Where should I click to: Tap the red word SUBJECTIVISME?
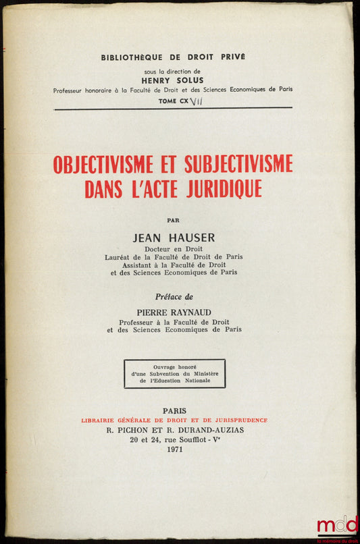click(237, 164)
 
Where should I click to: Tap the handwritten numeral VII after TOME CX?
click(197, 99)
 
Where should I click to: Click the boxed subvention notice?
click(174, 373)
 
